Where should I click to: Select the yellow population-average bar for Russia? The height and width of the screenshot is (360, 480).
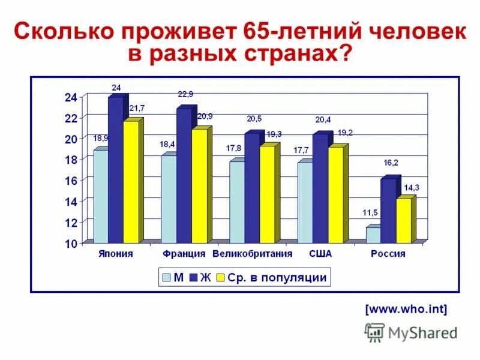pos(403,220)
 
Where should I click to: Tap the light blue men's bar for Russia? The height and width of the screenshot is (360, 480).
pos(373,235)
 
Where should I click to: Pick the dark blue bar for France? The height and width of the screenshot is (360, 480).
pos(184,175)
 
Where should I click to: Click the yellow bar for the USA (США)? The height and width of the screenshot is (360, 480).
pos(335,194)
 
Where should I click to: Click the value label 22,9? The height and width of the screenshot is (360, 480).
pos(185,94)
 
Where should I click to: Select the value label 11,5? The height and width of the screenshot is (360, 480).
pos(370,213)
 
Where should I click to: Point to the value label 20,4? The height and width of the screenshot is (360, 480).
pos(323,119)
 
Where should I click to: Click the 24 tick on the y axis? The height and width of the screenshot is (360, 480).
pos(70,97)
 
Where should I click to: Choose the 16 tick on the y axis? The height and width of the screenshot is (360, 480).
pos(70,181)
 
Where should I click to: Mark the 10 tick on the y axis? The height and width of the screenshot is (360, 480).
pos(70,244)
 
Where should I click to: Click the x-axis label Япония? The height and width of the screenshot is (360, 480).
pos(116,254)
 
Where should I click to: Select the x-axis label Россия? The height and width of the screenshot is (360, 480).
pos(388,254)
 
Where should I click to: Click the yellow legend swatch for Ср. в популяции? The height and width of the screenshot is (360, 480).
pos(220,278)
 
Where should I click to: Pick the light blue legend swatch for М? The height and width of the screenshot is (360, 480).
pos(165,278)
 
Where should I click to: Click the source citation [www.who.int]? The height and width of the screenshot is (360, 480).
pos(406,310)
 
